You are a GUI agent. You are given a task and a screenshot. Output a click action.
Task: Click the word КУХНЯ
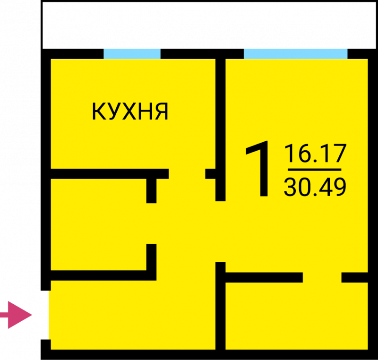(130, 111)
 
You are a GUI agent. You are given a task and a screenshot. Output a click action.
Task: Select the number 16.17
(315, 153)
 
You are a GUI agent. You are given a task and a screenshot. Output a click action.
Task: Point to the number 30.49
(315, 187)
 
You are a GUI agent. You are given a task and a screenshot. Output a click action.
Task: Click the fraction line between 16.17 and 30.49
(314, 170)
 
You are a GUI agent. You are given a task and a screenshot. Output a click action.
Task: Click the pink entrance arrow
(16, 315)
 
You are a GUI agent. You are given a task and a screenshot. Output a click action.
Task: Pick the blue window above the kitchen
(132, 54)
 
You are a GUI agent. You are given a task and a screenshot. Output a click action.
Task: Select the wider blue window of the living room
(296, 54)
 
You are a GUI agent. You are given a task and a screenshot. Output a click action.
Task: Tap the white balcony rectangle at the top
(209, 26)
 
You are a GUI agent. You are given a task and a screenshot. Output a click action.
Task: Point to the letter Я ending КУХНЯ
(161, 111)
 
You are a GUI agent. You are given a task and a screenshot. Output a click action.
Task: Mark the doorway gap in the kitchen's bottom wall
(187, 174)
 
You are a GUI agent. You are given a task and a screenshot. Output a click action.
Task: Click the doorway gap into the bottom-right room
(322, 277)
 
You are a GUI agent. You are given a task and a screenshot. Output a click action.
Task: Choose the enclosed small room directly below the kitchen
(98, 224)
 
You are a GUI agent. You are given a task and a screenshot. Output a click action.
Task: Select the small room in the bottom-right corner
(297, 316)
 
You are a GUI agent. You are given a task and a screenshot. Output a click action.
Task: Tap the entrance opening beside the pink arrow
(46, 315)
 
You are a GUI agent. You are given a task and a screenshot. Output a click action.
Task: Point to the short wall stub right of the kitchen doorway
(210, 174)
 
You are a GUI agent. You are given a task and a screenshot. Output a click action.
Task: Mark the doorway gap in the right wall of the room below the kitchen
(151, 223)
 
